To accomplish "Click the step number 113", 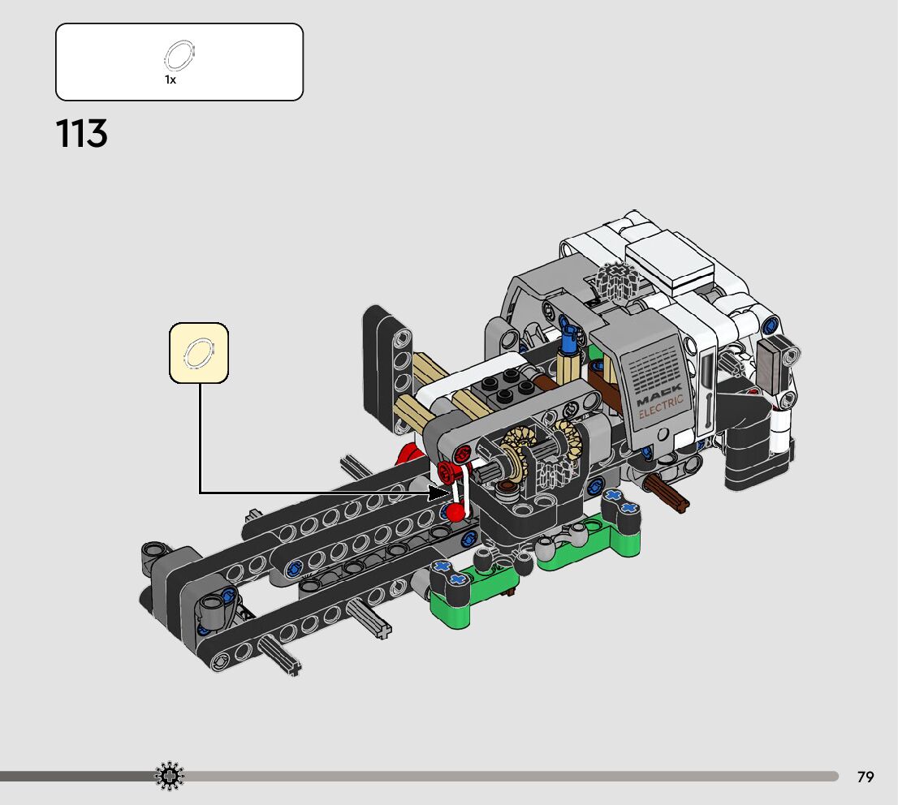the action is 81,133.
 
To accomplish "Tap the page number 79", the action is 866,777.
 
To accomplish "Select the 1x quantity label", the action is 170,80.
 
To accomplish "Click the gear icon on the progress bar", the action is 170,777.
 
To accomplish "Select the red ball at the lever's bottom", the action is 456,512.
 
